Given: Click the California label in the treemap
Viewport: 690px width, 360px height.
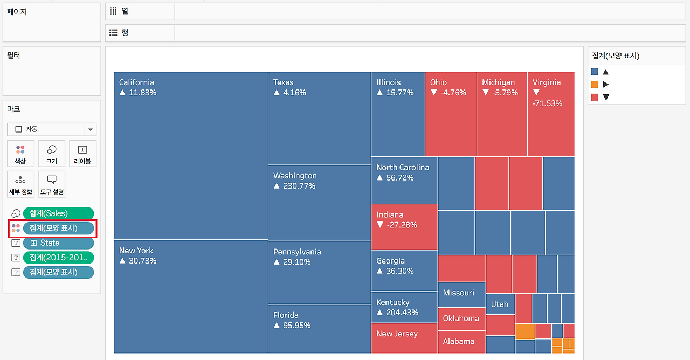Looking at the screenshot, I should pyautogui.click(x=136, y=82).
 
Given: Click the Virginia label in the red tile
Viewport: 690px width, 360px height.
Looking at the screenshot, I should pyautogui.click(x=547, y=82).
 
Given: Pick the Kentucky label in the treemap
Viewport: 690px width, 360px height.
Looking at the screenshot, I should pyautogui.click(x=393, y=302).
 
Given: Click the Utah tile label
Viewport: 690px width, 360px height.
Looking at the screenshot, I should pyautogui.click(x=499, y=304).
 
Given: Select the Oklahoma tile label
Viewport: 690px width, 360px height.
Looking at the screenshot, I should pyautogui.click(x=461, y=318).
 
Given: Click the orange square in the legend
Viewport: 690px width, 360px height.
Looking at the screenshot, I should pyautogui.click(x=595, y=84).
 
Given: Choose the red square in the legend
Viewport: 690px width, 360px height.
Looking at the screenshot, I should pyautogui.click(x=595, y=97).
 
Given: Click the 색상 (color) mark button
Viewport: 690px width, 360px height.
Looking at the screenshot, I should pyautogui.click(x=20, y=154).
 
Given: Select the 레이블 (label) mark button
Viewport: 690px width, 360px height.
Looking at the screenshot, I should pyautogui.click(x=82, y=154).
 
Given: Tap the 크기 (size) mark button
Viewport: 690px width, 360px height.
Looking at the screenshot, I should pyautogui.click(x=52, y=154).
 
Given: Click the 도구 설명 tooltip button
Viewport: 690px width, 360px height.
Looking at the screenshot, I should pyautogui.click(x=52, y=184).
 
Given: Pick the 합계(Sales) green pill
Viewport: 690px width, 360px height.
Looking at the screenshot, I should pyautogui.click(x=58, y=213).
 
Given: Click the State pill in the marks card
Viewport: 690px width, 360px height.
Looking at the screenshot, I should pyautogui.click(x=58, y=243).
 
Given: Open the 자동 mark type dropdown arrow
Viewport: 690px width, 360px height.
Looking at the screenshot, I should pyautogui.click(x=91, y=129).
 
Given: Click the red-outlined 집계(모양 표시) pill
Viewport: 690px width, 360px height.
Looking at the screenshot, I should pyautogui.click(x=58, y=228).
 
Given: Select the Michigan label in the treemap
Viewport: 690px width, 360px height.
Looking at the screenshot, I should pyautogui.click(x=498, y=82).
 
